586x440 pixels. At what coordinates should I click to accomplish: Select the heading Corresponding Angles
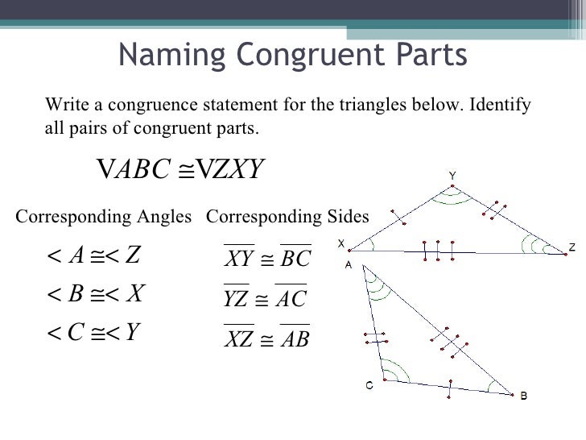(104, 217)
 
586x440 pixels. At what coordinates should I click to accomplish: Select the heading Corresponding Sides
(287, 217)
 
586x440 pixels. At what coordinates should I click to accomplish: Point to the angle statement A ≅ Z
(94, 255)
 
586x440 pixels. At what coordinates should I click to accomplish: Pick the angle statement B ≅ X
(95, 293)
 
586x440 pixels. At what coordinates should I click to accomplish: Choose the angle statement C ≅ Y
(95, 331)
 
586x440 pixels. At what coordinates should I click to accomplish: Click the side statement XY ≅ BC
(266, 259)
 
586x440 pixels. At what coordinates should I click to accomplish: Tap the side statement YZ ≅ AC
(265, 300)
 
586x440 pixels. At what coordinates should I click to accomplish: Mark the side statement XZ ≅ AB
(266, 340)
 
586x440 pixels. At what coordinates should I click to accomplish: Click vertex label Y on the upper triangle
(452, 175)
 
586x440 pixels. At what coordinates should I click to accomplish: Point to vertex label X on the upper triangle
(341, 242)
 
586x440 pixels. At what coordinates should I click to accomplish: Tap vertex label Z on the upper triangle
(572, 248)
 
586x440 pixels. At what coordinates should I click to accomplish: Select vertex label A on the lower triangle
(349, 263)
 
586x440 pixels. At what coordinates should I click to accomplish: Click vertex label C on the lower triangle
(369, 386)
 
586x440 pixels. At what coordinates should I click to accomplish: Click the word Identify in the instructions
(500, 106)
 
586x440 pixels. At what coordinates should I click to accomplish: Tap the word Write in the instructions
(66, 106)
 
